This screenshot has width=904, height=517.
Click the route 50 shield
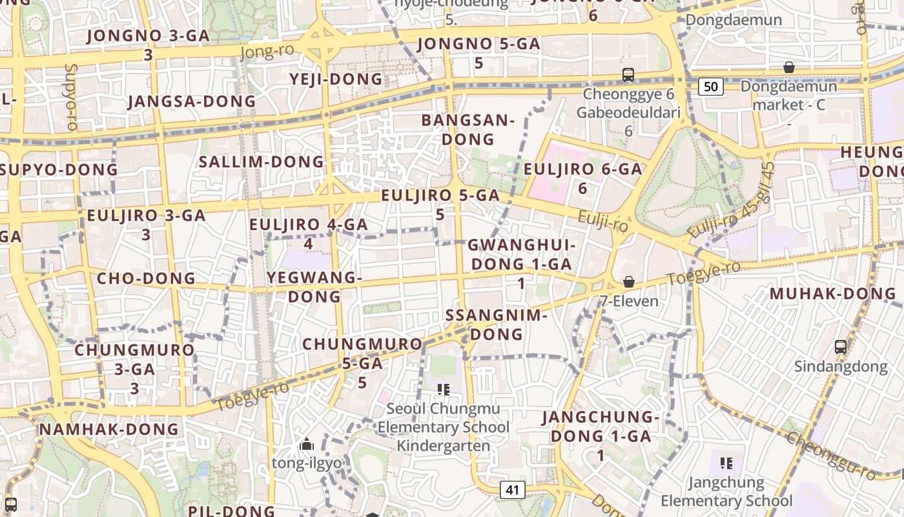point(710,87)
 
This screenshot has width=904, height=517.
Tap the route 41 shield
point(512,490)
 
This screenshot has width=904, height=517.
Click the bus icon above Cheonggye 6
point(628,74)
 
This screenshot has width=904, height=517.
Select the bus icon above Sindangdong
point(840,347)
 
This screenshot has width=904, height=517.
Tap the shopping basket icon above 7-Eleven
point(628,282)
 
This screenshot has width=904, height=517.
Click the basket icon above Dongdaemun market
point(788,67)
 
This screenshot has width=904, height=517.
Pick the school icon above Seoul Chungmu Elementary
point(443,389)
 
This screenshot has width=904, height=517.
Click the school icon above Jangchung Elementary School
point(726,463)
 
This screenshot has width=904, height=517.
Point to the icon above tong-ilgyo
point(307,444)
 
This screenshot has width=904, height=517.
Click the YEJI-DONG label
point(336,79)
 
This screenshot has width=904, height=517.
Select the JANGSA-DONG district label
point(192,101)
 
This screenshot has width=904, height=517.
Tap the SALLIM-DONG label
point(262,162)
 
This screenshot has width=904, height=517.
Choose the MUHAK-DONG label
point(833,294)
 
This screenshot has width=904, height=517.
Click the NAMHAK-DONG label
point(109,429)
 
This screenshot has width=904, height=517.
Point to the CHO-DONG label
point(146,279)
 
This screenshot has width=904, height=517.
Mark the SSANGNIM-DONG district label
point(497,325)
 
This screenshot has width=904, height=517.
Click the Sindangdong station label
point(840,367)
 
